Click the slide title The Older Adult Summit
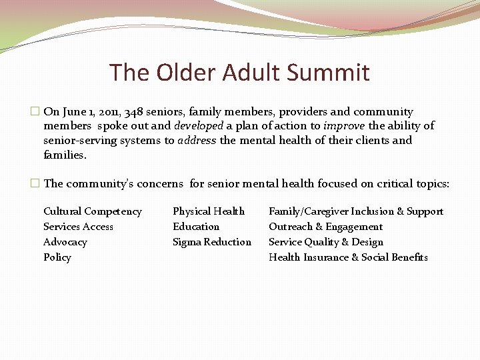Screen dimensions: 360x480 [x=239, y=72]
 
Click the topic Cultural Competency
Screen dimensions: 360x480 [x=93, y=211]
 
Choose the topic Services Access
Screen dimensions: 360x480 [x=78, y=227]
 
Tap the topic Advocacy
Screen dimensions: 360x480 [x=65, y=242]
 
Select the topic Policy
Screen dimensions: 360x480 [x=57, y=257]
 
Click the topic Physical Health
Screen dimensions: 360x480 [x=209, y=211]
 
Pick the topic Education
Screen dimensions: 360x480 [x=196, y=227]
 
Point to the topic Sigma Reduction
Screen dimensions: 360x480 [x=212, y=242]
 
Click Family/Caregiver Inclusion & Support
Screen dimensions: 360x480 [x=355, y=211]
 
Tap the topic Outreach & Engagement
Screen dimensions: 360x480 [x=325, y=227]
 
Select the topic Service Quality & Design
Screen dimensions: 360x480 [x=326, y=242]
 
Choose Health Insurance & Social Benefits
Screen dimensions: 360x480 [x=348, y=257]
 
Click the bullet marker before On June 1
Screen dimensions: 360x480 [x=36, y=112]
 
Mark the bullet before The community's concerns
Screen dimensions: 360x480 [x=36, y=183]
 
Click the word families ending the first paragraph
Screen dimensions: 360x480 [x=64, y=155]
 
